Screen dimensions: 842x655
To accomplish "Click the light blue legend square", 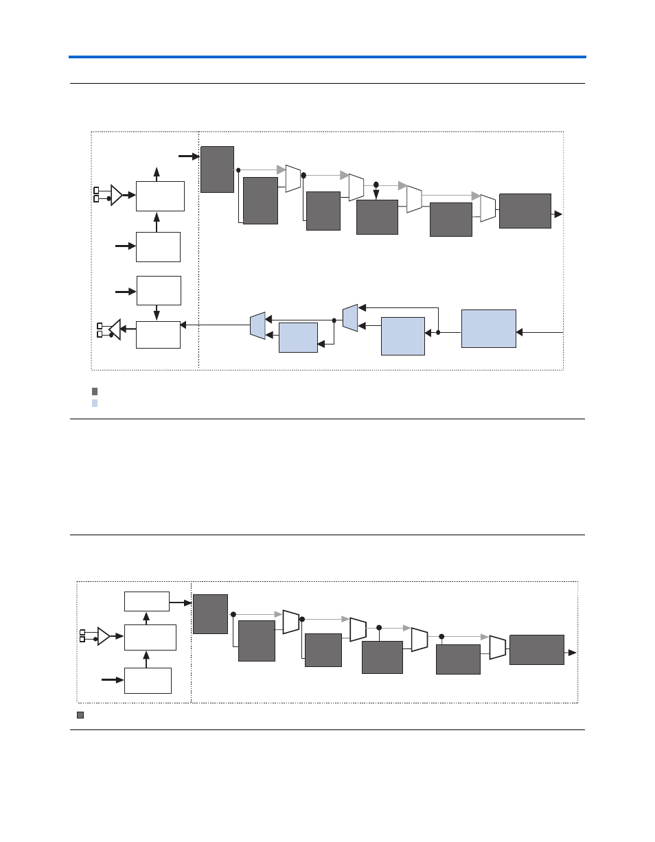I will (x=95, y=404).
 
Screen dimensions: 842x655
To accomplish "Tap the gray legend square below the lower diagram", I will (x=80, y=715).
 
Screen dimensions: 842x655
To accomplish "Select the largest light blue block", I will (x=488, y=329).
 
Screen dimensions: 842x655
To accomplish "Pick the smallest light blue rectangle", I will (x=298, y=337).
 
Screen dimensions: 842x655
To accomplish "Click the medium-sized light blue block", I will (x=403, y=336).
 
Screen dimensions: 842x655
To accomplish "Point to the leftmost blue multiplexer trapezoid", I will (x=257, y=325).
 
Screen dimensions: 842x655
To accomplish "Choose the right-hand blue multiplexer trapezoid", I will (x=350, y=318).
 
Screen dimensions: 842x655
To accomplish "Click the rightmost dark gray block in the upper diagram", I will (x=525, y=211).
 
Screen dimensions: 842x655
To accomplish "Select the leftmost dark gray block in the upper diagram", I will (x=217, y=169).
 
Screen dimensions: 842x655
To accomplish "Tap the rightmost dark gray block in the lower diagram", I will (x=537, y=650).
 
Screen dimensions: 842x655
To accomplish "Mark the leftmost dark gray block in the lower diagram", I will (x=210, y=614).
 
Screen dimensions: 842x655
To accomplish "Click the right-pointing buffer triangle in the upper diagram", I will (x=117, y=195).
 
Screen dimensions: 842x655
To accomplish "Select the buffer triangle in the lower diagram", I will (x=104, y=636).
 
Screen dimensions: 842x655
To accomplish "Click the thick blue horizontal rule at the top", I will (x=327, y=57).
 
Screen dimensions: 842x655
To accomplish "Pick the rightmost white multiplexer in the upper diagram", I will (x=487, y=208).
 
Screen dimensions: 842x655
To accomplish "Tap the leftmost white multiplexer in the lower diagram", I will (x=291, y=622).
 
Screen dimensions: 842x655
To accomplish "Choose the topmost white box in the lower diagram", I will (x=147, y=601).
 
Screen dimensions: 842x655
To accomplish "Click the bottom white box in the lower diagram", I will (x=148, y=680).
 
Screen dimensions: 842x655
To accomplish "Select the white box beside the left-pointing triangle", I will (x=158, y=334).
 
